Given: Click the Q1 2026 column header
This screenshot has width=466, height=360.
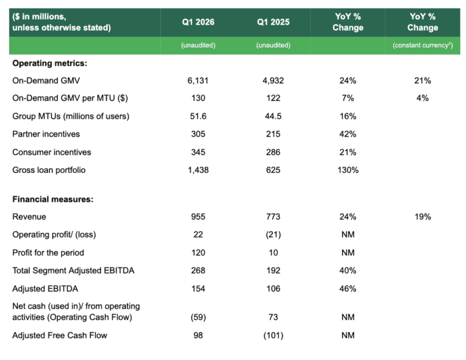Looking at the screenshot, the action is coord(198,22).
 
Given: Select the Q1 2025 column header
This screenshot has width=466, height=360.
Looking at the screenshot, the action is coord(273,22).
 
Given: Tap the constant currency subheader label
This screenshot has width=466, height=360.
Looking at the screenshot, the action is coord(423,45).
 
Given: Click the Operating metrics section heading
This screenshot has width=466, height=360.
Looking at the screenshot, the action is coord(50,63).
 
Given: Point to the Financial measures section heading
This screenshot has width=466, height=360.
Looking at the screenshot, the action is coord(53,199).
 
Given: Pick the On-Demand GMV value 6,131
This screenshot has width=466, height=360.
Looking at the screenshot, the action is coord(198,81).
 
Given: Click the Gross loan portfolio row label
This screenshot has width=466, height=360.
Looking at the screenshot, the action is coord(49,170).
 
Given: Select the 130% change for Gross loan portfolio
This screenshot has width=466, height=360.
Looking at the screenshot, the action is coord(348,170).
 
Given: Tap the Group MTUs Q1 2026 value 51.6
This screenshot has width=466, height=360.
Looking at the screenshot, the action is coord(198,116).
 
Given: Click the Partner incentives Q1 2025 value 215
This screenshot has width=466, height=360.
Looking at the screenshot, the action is coord(273,134).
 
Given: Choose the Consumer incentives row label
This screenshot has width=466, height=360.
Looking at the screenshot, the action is coord(52,152).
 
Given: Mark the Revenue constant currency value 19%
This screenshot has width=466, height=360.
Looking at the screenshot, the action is coord(423,216).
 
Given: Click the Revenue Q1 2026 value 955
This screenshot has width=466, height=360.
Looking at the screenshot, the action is coord(198,216).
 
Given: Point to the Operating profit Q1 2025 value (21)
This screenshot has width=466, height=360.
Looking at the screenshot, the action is coord(273,235).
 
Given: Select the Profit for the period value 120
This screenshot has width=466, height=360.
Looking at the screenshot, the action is coord(198,252).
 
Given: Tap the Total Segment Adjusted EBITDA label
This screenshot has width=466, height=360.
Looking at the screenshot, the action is coord(73,270).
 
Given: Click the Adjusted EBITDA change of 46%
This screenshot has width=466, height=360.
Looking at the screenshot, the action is coord(348,288).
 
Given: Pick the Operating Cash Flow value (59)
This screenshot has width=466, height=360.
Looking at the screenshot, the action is coord(198,317).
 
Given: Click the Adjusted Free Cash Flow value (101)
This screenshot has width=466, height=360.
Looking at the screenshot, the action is coord(273,335).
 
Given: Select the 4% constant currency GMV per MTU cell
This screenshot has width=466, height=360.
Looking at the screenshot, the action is coord(423,98).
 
